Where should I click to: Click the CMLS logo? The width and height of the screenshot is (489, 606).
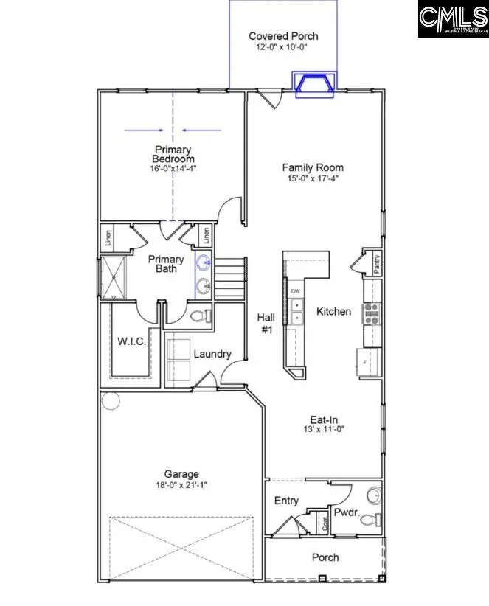pyautogui.click(x=453, y=20)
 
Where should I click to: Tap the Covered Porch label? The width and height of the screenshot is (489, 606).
pyautogui.click(x=283, y=36)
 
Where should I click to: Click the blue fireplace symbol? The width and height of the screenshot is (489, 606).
pyautogui.click(x=314, y=84)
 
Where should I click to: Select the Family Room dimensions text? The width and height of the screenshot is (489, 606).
pyautogui.click(x=313, y=178)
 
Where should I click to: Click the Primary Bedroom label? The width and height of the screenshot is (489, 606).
pyautogui.click(x=173, y=154)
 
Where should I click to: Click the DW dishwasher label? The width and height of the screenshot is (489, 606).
pyautogui.click(x=295, y=290)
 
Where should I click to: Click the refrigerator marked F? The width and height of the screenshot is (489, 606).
pyautogui.click(x=367, y=362)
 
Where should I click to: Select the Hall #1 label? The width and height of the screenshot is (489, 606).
pyautogui.click(x=266, y=324)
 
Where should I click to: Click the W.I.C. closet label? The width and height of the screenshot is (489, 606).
pyautogui.click(x=132, y=341)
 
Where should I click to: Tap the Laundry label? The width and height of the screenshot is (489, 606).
pyautogui.click(x=212, y=354)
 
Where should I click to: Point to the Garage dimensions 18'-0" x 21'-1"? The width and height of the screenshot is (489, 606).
pyautogui.click(x=181, y=485)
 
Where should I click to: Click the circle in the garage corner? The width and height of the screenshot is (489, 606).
pyautogui.click(x=111, y=401)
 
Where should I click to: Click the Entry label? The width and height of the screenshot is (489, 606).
pyautogui.click(x=286, y=501)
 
